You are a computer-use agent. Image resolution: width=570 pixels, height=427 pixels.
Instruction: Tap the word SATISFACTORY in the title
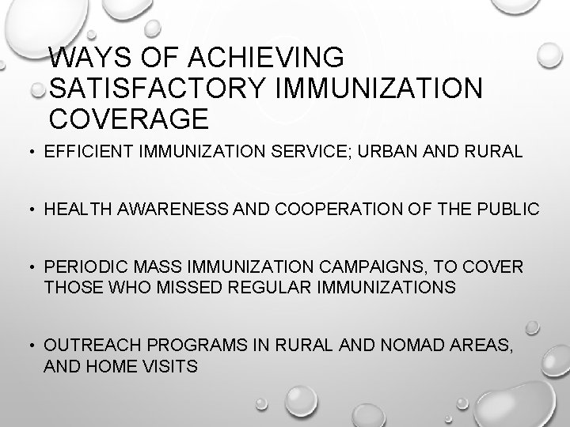[x=159, y=88]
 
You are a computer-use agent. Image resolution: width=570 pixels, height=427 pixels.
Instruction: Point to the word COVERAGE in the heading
[x=128, y=118]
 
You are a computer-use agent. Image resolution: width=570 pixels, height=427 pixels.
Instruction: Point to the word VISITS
[x=173, y=366]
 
